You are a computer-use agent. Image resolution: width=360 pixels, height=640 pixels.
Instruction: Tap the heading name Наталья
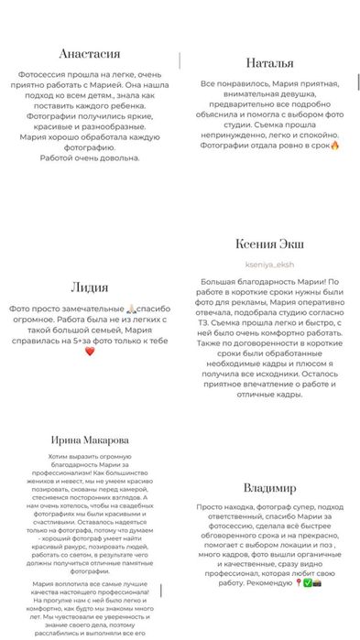point(270,63)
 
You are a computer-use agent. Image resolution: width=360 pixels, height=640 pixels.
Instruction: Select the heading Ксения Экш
point(270,244)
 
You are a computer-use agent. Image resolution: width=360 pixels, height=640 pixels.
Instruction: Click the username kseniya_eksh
point(270,264)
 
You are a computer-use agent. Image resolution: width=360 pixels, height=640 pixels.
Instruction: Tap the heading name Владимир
point(270,488)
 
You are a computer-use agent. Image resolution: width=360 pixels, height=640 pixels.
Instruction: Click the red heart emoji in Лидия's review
point(90,351)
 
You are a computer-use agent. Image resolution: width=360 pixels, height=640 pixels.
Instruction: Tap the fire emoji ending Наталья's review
point(334,145)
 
